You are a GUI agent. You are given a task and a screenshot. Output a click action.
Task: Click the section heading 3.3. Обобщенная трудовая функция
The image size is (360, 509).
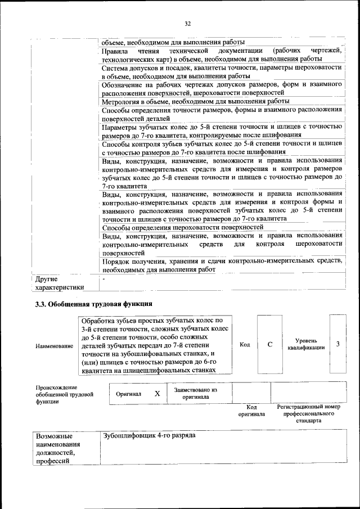[91, 304]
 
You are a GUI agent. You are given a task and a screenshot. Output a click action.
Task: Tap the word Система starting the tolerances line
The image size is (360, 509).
[116, 67]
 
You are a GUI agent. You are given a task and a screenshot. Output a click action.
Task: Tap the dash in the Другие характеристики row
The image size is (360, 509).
[103, 278]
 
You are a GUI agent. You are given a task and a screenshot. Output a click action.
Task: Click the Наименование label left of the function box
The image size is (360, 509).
[54, 346]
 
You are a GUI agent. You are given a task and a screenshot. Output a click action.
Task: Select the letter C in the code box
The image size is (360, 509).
[269, 344]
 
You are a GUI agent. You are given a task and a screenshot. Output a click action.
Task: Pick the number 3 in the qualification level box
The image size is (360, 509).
[337, 344]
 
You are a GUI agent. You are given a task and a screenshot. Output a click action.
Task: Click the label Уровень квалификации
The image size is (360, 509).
[305, 344]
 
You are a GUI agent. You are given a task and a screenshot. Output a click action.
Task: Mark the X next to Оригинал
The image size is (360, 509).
[157, 394]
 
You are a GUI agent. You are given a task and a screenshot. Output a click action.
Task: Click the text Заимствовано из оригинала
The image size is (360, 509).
[195, 393]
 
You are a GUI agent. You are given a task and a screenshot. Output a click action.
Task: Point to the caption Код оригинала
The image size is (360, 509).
[251, 410]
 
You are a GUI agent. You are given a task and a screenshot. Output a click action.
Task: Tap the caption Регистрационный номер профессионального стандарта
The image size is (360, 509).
[308, 413]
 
